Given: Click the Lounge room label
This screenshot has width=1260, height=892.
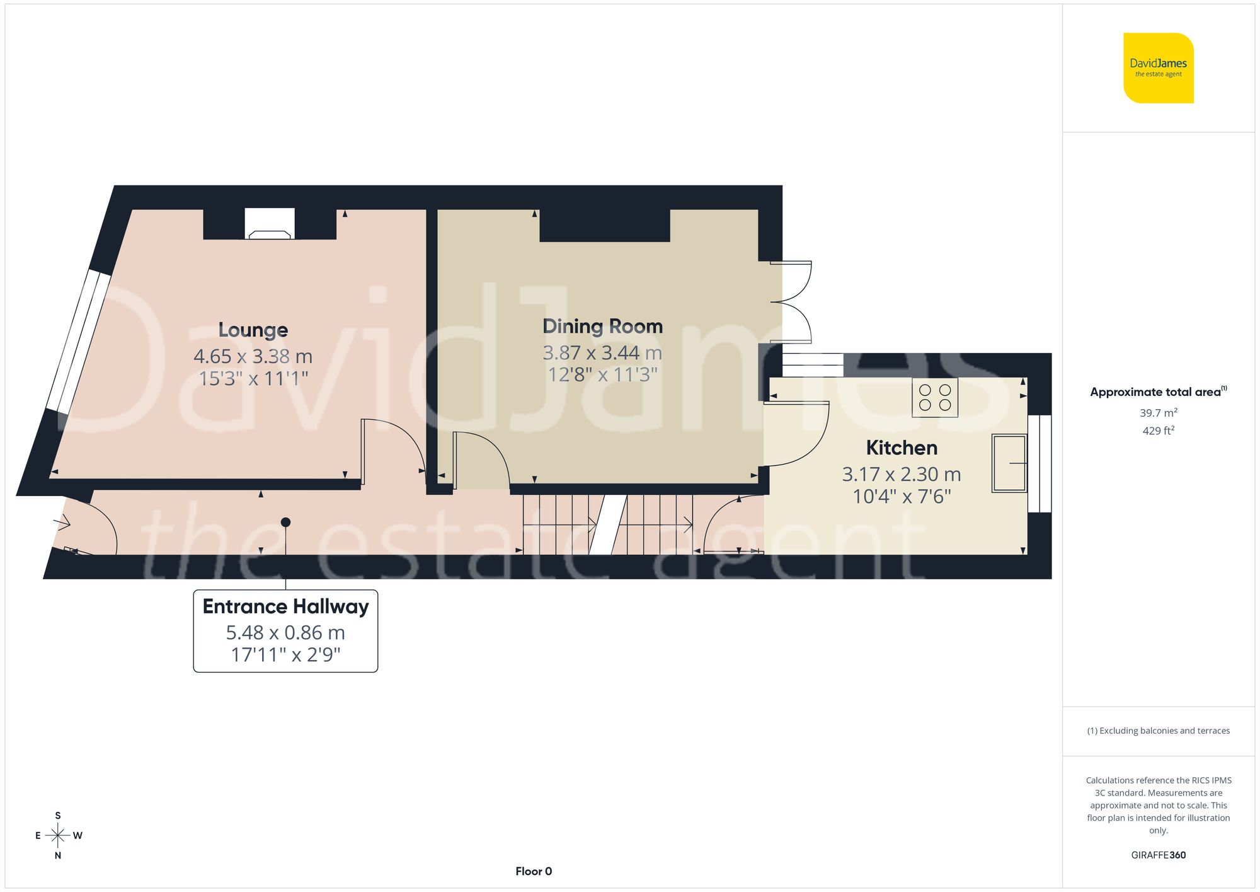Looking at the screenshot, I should [253, 330].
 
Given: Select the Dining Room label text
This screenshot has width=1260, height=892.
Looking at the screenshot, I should [602, 326].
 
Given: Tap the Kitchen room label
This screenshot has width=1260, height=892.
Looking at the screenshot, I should [901, 448].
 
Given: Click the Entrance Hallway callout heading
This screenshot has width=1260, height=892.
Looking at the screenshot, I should [285, 606].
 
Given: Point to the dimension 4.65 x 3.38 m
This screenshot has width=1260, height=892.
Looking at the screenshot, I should [253, 356].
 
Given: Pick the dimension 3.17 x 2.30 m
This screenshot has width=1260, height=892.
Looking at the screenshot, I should [901, 474].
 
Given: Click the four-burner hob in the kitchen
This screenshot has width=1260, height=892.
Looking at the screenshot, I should [934, 397].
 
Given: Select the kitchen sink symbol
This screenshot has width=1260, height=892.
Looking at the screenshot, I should [1008, 463].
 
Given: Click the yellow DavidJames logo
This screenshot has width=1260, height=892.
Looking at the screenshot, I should [1158, 68].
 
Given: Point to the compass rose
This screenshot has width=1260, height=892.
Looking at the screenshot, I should [58, 835].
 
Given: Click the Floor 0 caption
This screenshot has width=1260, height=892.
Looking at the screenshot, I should [534, 871].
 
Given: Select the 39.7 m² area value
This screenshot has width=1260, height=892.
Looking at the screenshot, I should [1158, 413].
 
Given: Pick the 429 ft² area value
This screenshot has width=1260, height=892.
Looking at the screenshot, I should [1158, 431].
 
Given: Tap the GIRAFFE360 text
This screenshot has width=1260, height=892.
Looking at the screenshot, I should [1158, 855].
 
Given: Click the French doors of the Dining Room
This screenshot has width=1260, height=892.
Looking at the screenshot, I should [791, 303].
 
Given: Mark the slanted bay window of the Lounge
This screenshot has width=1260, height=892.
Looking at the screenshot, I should [79, 342].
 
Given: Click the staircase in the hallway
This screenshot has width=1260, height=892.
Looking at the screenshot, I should [608, 524].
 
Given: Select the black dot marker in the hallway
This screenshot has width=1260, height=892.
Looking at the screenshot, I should [285, 522].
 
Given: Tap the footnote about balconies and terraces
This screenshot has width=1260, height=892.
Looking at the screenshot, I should [1158, 731].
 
